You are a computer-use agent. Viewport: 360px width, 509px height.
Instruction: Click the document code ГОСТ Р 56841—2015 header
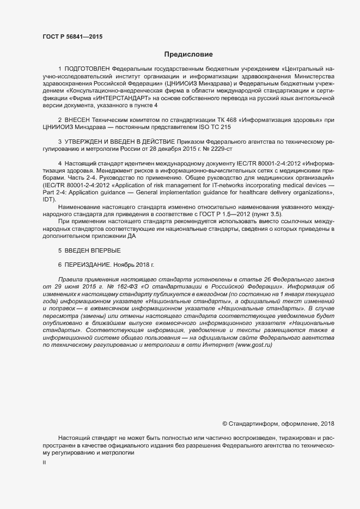tap(72, 36)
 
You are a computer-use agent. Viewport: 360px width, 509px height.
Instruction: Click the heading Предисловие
tap(188, 54)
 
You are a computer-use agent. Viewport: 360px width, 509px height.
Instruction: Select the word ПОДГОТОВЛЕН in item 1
tap(87, 69)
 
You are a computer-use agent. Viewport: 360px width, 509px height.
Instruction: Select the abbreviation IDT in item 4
tap(48, 199)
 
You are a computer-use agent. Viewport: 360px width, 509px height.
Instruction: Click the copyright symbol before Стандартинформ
tap(225, 424)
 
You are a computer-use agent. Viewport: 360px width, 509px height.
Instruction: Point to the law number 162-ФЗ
tap(126, 286)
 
